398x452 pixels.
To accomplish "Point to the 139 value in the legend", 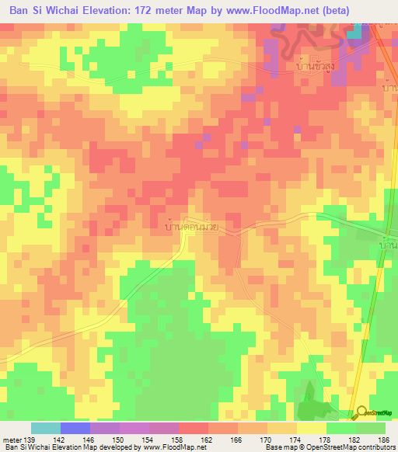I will coord(30,439).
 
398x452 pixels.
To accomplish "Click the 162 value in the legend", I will coord(206,439).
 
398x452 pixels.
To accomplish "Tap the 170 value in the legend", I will coord(265,439).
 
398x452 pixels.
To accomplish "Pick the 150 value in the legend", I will coord(119,439).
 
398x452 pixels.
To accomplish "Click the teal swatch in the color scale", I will coord(46,428).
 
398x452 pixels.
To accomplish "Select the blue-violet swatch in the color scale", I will coord(75,428).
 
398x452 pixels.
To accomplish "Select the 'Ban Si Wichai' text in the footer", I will coord(24,447).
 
